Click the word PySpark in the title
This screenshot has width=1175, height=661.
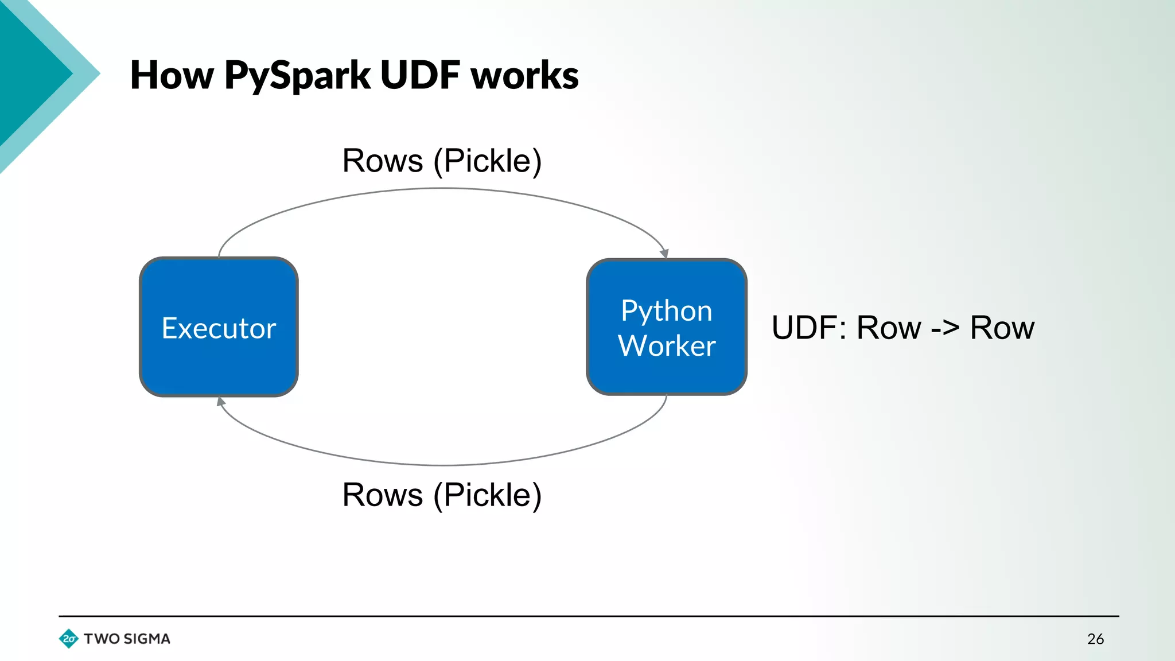297,76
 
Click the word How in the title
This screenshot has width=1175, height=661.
172,75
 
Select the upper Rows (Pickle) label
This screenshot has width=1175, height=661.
442,161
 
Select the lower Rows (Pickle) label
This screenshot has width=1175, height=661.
442,495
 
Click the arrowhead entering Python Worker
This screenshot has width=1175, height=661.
664,253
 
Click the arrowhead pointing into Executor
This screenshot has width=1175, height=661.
221,402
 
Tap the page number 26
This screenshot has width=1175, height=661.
1095,639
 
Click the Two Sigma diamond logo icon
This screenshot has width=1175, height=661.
69,639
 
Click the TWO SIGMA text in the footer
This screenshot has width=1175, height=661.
127,639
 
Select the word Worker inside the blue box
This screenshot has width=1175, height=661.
667,346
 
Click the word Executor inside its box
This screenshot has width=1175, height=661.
219,328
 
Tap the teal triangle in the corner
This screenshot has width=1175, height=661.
29,69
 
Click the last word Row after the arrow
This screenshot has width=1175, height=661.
1002,328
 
